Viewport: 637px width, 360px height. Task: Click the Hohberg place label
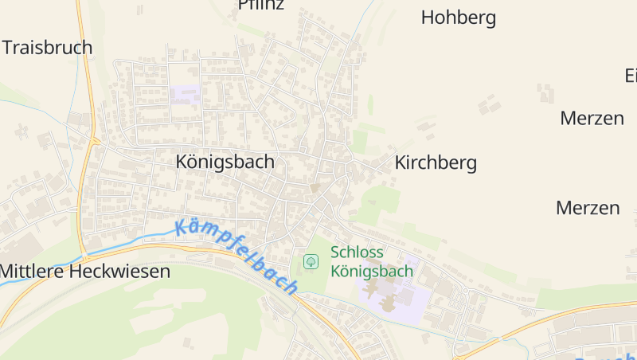point(458,18)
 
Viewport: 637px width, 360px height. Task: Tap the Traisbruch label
point(48,47)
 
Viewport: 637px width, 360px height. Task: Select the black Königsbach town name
point(225,162)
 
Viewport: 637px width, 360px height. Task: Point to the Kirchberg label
point(436,163)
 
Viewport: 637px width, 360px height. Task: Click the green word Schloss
point(357,252)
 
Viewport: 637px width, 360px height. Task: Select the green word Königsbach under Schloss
point(372,271)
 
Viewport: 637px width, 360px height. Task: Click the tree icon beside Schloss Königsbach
point(311,261)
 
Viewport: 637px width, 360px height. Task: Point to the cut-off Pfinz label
point(260,5)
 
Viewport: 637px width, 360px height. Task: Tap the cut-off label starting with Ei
point(630,76)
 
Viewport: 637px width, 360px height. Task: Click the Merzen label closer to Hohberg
point(592,119)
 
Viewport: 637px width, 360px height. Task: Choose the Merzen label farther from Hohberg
point(588,209)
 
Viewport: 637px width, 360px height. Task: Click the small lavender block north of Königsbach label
point(186,95)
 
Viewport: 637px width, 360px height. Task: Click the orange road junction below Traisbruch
point(95,142)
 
